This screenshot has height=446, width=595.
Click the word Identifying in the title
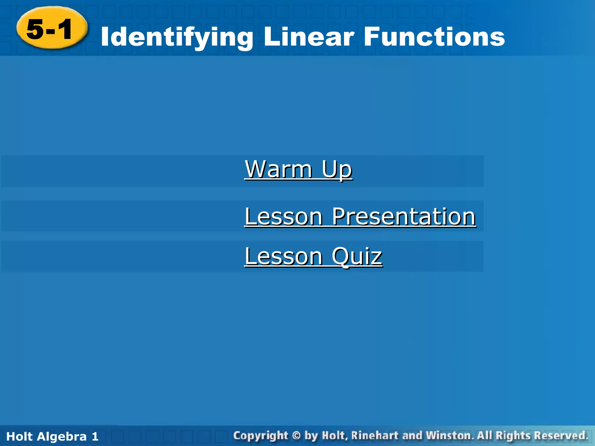[177, 37]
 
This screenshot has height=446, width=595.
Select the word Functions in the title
[434, 37]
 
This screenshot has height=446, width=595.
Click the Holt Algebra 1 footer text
[52, 436]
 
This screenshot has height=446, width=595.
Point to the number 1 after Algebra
[95, 436]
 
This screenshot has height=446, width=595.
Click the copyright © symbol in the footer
[296, 436]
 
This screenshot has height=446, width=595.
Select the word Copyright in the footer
[261, 436]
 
